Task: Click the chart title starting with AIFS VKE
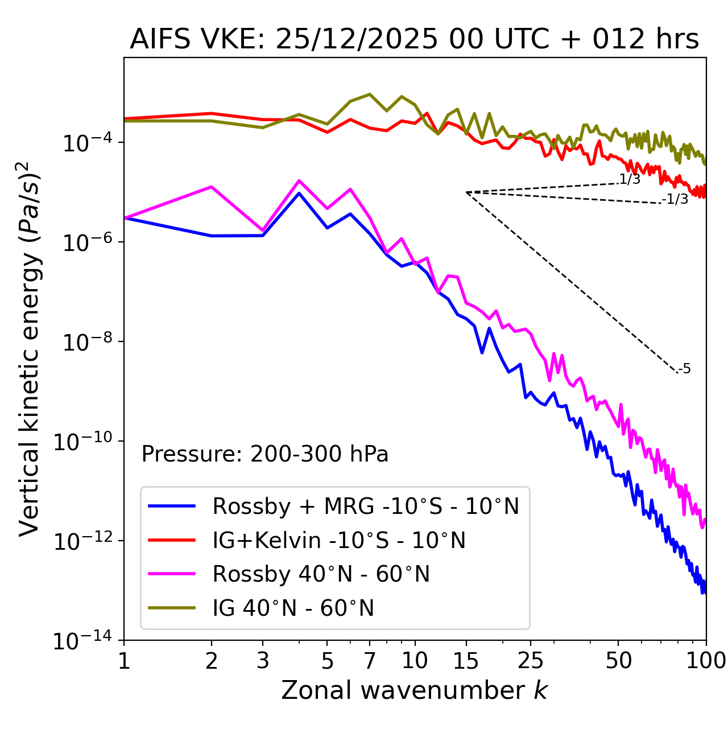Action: [x=414, y=39]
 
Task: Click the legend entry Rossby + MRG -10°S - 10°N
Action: [x=365, y=506]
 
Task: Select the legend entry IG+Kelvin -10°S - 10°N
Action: [x=338, y=540]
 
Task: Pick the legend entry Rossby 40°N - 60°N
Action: [x=321, y=574]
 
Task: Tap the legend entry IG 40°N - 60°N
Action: [x=293, y=608]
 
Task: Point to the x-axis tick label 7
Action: [x=370, y=661]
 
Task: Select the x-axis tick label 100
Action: [x=705, y=661]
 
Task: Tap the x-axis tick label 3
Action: [x=263, y=661]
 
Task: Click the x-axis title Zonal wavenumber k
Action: [x=414, y=690]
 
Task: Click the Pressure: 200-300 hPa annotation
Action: [x=264, y=454]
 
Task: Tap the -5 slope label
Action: [x=684, y=369]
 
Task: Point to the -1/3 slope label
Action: [x=675, y=199]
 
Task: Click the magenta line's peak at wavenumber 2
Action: [x=212, y=187]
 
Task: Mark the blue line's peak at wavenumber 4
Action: [x=299, y=193]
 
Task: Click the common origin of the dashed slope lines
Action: [x=466, y=192]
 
